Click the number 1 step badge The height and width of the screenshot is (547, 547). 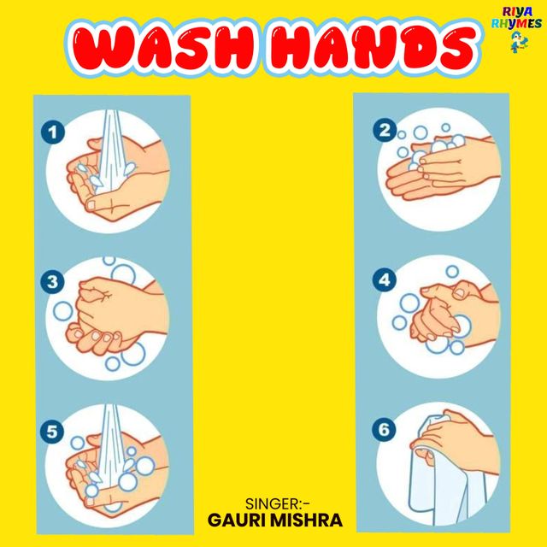click(x=53, y=132)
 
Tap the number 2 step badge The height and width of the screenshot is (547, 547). click(x=385, y=130)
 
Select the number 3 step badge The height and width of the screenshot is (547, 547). click(x=52, y=281)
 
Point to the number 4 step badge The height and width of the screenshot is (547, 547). click(x=384, y=279)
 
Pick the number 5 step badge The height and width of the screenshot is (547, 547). click(x=52, y=432)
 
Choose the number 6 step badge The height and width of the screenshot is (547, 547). click(x=384, y=429)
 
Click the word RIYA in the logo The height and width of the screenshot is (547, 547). click(x=518, y=12)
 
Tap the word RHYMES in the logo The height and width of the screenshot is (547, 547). click(x=516, y=24)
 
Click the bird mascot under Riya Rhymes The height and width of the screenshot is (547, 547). click(x=519, y=42)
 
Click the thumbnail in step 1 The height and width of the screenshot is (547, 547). click(x=91, y=205)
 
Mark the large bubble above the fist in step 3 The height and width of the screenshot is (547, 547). click(x=123, y=273)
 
